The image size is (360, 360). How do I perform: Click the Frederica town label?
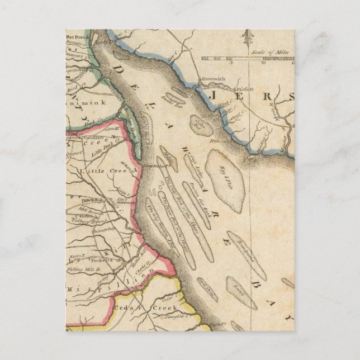99,260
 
